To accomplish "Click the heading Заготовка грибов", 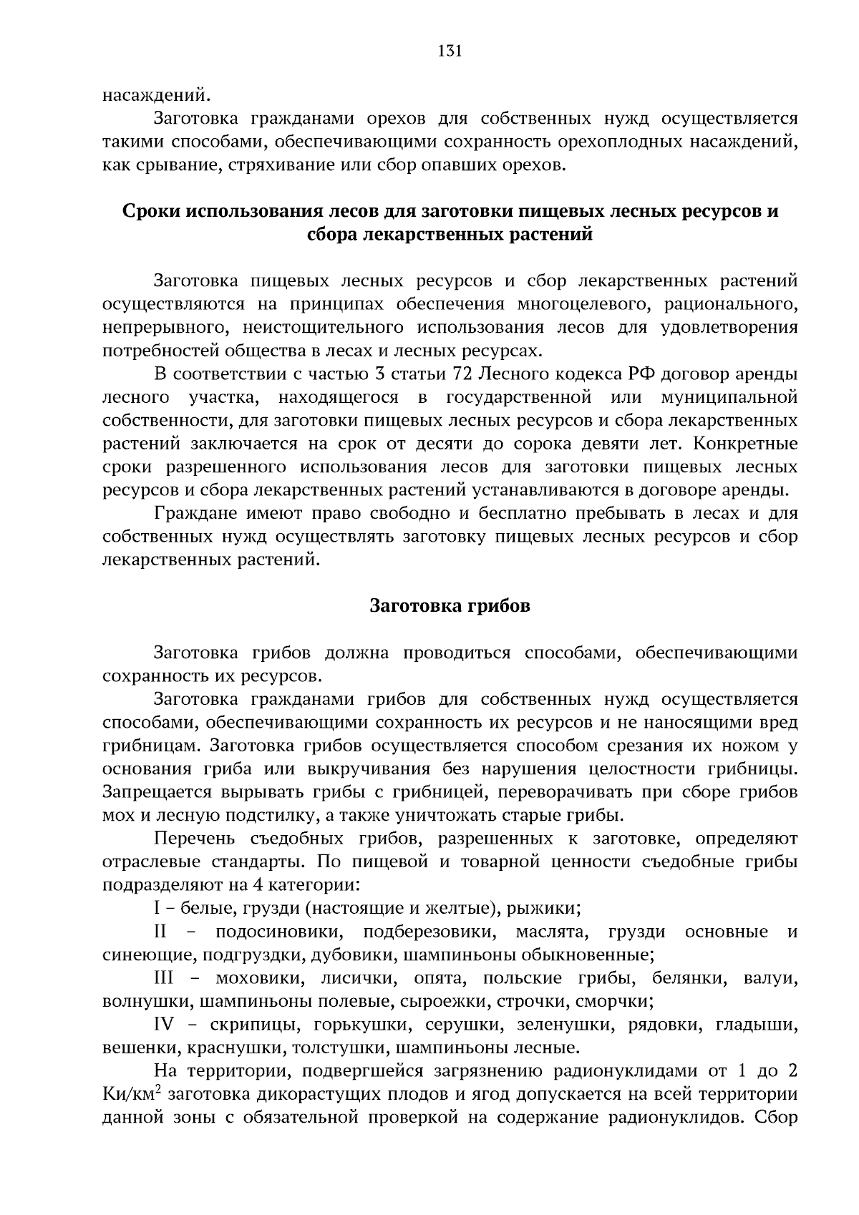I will [450, 605].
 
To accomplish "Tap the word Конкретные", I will [746, 443].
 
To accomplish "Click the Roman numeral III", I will [164, 978].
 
